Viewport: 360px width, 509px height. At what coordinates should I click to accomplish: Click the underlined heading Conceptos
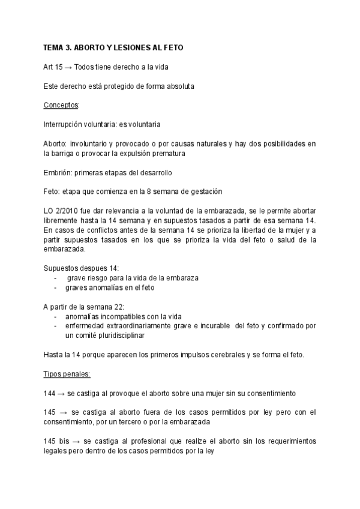pos(61,106)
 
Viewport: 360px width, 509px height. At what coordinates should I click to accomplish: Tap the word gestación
pos(203,192)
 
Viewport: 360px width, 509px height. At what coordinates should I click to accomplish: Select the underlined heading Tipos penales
pos(67,375)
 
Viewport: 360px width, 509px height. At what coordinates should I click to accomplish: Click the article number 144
pos(50,394)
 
